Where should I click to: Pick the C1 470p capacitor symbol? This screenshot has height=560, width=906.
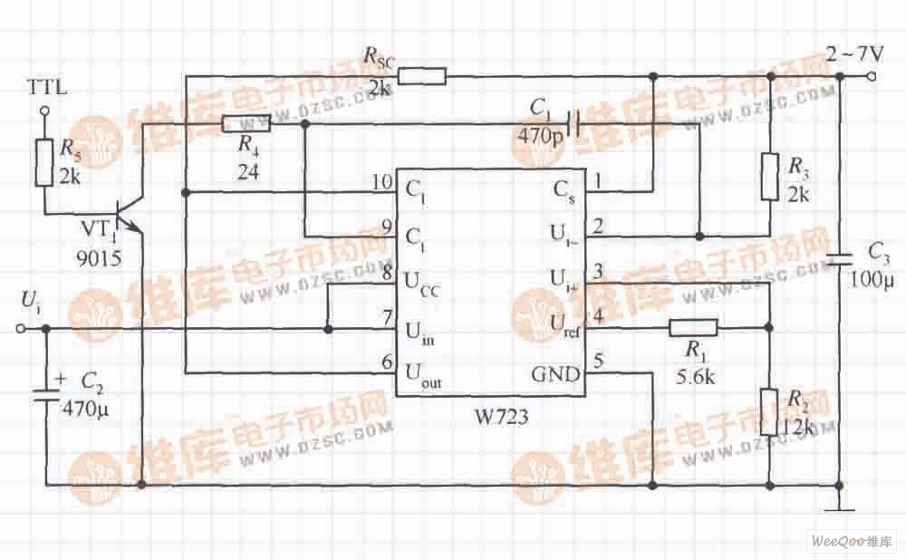573,121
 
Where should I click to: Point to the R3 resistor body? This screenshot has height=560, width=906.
769,177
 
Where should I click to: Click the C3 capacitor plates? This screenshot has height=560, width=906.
840,259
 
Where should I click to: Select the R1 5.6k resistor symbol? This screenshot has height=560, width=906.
693,327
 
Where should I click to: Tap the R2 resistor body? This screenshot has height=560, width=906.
769,412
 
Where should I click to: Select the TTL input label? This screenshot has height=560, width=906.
44,91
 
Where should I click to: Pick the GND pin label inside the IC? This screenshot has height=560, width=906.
555,372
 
